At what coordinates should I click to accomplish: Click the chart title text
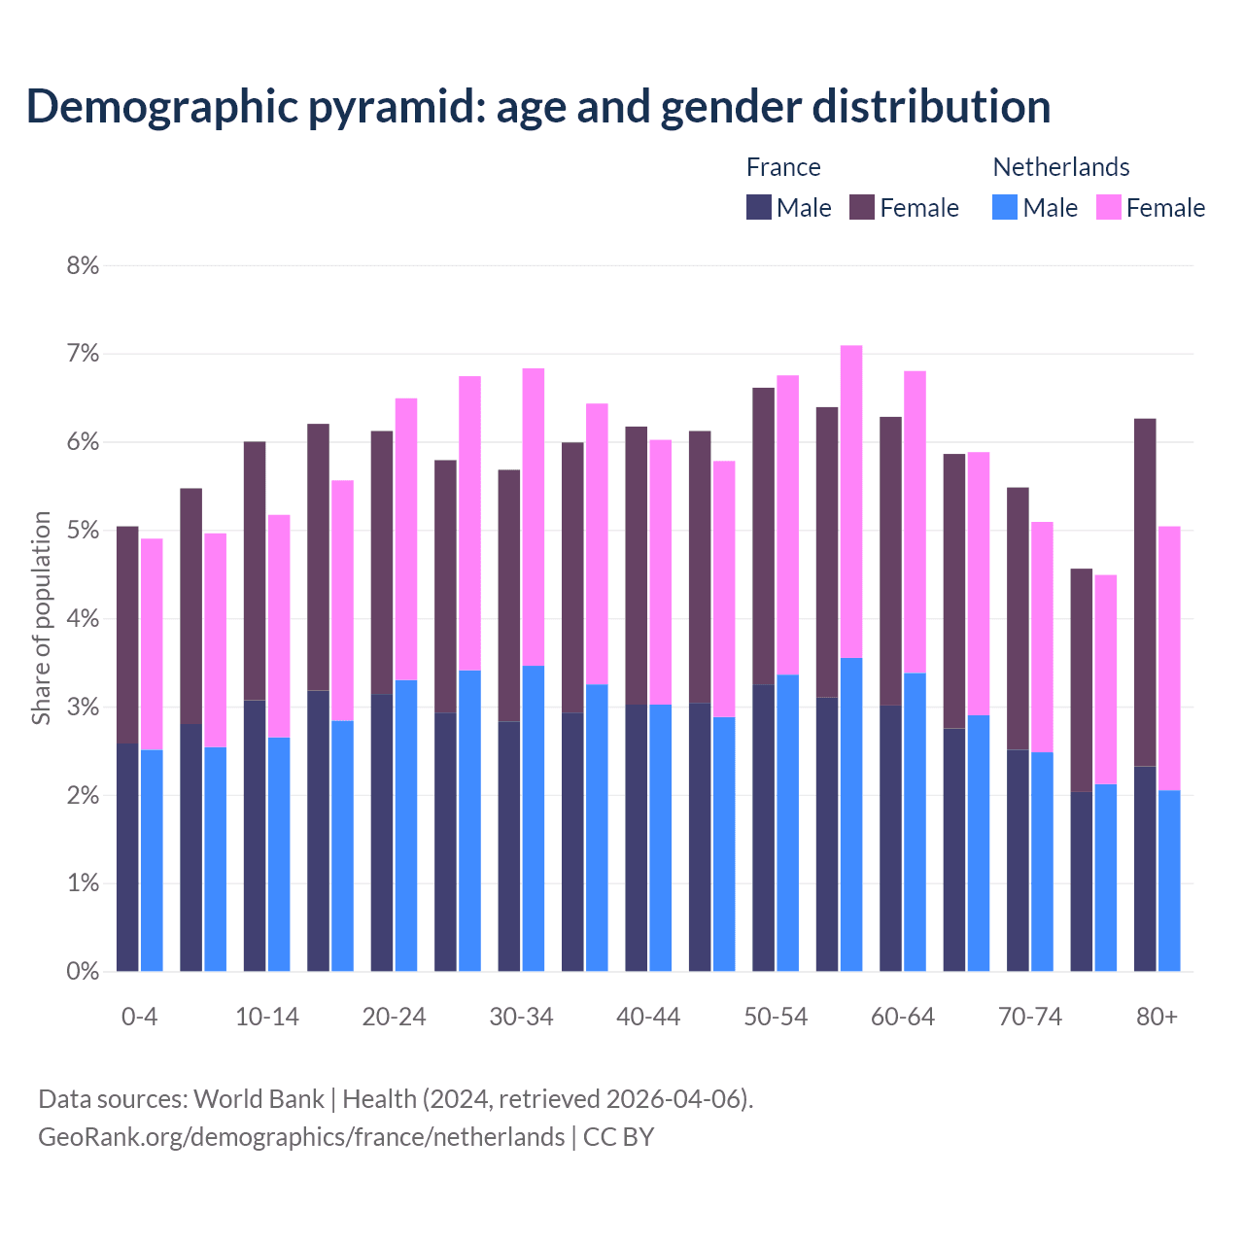(537, 107)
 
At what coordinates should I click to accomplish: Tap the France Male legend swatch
(759, 207)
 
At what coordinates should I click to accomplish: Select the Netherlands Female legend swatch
(1109, 207)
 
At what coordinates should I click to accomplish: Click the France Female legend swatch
(862, 207)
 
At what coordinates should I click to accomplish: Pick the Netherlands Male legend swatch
(1005, 207)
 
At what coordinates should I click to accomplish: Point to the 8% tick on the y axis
(83, 266)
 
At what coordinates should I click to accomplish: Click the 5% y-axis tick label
(83, 531)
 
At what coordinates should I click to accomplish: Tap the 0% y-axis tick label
(83, 972)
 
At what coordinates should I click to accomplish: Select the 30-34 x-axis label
(521, 1018)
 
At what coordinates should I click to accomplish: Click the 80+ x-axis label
(1157, 1018)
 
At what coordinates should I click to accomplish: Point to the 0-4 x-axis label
(139, 1018)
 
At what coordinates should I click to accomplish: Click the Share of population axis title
(41, 618)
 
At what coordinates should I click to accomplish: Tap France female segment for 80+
(1145, 593)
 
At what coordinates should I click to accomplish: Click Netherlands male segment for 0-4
(152, 860)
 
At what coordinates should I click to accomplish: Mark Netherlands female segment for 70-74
(1042, 637)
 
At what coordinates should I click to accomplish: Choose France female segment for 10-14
(255, 571)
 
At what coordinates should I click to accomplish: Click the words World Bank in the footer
(259, 1099)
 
